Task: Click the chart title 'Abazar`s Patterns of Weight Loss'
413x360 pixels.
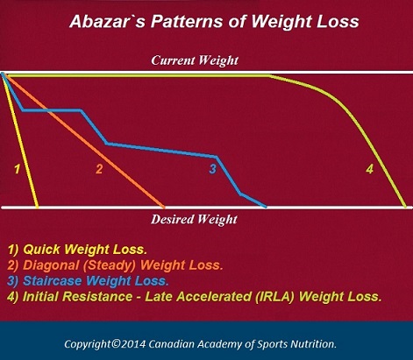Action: tap(207, 18)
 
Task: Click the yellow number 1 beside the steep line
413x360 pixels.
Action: tap(17, 167)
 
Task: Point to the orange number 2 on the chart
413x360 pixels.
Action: tap(99, 168)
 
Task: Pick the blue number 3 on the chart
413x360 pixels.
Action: tap(212, 168)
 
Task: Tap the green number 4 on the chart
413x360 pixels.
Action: tap(369, 168)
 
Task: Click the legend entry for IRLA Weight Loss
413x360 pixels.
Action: tap(194, 296)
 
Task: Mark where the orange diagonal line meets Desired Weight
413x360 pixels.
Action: tap(164, 207)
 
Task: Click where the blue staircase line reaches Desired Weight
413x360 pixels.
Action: tap(266, 207)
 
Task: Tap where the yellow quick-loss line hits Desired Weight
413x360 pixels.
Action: tap(37, 207)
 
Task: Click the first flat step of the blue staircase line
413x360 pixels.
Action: tap(51, 110)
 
